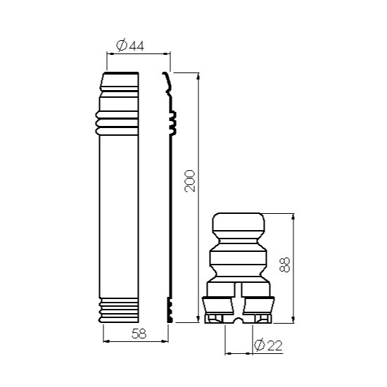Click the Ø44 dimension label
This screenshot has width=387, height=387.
pyautogui.click(x=130, y=45)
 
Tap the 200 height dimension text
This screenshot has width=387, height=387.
pyautogui.click(x=190, y=181)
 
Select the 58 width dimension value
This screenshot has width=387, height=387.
pyautogui.click(x=139, y=334)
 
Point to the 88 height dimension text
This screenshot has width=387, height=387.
pyautogui.click(x=284, y=265)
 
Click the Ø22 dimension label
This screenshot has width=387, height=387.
pyautogui.click(x=268, y=345)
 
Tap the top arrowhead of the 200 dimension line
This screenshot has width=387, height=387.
pyautogui.click(x=198, y=76)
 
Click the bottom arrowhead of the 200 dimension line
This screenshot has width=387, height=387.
pyautogui.click(x=198, y=319)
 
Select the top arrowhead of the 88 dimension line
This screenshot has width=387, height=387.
pyautogui.click(x=293, y=217)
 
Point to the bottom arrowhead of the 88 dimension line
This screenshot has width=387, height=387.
pyautogui.click(x=293, y=319)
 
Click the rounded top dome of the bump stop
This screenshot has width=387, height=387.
pyautogui.click(x=239, y=222)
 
